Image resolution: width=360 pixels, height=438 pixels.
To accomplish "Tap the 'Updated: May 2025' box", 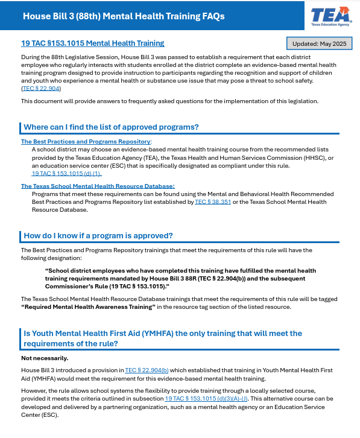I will click(x=318, y=44).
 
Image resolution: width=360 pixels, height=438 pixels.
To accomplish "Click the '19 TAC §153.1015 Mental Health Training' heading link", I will click(x=92, y=43).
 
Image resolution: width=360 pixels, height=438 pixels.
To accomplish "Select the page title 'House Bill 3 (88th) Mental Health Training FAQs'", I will click(x=124, y=16).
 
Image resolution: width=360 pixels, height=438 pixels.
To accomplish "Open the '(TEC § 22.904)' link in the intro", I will click(x=41, y=88).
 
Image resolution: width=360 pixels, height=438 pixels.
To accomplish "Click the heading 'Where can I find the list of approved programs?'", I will click(x=111, y=127).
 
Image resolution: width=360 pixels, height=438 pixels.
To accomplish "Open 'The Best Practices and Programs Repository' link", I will click(x=86, y=142).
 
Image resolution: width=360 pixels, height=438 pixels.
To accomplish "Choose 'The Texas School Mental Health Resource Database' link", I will click(x=98, y=186).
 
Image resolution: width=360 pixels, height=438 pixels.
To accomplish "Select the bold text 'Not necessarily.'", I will click(x=45, y=358).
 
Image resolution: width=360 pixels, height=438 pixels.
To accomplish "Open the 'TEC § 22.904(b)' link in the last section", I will click(x=147, y=370).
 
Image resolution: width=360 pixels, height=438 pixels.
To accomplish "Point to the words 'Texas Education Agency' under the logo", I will click(x=330, y=25).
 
